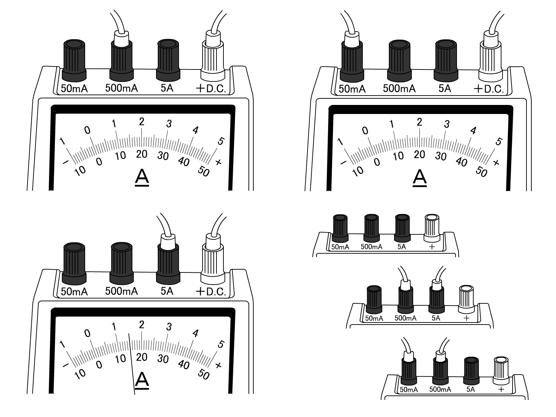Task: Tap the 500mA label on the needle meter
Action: [x=121, y=291]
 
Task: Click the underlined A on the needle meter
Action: [x=142, y=381]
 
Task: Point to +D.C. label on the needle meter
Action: [x=211, y=292]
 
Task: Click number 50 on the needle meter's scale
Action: [x=203, y=375]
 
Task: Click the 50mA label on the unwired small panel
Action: [x=340, y=247]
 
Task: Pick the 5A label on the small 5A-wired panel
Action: [x=436, y=318]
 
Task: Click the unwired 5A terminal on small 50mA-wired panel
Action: [x=471, y=370]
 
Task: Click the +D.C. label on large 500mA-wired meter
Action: [x=211, y=89]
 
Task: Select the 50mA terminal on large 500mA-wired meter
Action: [x=74, y=57]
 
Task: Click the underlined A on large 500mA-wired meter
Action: [x=142, y=177]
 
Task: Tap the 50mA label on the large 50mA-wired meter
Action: [x=352, y=89]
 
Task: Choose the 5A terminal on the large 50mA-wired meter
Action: [x=446, y=57]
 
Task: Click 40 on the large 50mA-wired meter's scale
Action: [x=461, y=162]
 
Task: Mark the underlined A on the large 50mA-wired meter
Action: [x=419, y=178]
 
